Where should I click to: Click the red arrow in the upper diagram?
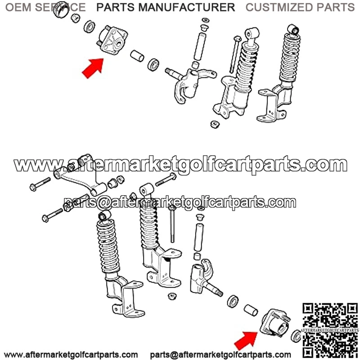pos(94,68)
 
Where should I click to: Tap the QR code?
pos(330,331)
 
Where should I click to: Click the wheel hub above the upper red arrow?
pos(113,41)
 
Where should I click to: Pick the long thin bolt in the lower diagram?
pos(172,223)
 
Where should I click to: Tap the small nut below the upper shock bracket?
pos(215,124)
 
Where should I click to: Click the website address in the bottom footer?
pos(71,355)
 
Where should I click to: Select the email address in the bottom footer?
pos(220,355)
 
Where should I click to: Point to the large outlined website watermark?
pos(180,165)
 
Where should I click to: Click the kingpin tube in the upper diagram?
pos(199,47)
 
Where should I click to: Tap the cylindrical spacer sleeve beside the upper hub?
pos(137,56)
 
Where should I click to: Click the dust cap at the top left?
pos(61,9)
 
